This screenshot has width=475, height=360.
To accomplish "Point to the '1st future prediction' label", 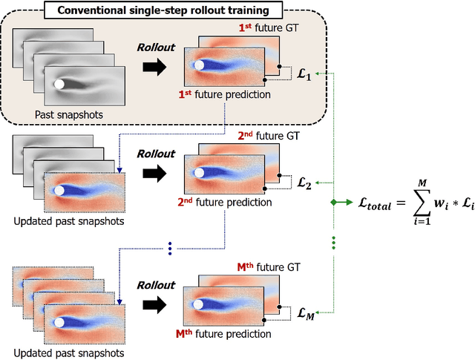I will pyautogui.click(x=225, y=95).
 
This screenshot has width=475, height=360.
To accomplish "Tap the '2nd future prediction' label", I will pyautogui.click(x=225, y=202).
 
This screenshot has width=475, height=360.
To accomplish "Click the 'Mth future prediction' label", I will pyautogui.click(x=225, y=334).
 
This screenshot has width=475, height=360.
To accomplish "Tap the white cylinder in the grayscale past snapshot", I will pyautogui.click(x=59, y=85).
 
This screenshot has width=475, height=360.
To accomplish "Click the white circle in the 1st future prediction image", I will pyautogui.click(x=198, y=65).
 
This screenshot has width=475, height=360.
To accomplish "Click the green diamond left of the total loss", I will pyautogui.click(x=335, y=202).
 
